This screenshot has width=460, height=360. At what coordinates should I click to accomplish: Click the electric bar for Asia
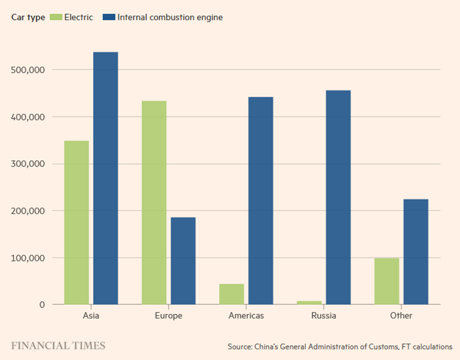point(76,222)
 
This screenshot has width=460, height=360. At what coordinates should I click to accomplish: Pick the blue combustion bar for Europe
point(183,260)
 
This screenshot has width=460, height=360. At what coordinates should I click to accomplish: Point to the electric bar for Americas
point(232,294)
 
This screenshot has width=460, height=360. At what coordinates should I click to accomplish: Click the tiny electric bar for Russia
point(309,302)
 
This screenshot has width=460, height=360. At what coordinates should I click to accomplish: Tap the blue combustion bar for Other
point(415,251)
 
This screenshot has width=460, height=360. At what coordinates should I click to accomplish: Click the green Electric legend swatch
point(56,17)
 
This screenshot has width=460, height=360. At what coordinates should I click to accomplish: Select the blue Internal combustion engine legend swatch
point(109,17)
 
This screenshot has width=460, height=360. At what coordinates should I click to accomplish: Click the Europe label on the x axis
point(169,316)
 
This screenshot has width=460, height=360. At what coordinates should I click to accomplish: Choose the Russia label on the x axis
point(323,316)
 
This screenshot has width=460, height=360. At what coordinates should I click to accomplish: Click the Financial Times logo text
point(58,346)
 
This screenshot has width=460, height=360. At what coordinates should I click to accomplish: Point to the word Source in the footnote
point(240,347)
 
